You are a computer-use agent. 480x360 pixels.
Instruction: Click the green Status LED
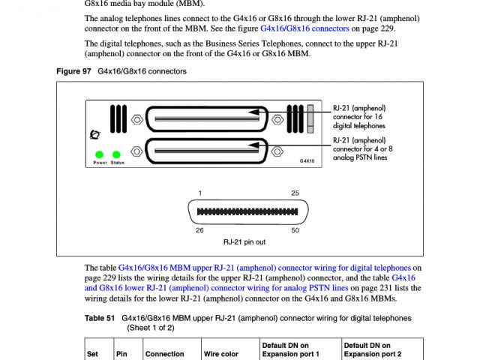[117, 154]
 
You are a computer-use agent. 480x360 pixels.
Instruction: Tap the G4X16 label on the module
[306, 160]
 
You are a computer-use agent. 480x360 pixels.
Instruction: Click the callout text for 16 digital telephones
[359, 117]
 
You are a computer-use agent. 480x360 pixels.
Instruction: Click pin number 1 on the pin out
[200, 193]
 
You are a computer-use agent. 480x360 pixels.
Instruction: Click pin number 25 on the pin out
[295, 193]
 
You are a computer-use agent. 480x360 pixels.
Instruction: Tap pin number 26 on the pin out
[199, 230]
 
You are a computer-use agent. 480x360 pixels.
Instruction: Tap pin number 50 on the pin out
[295, 230]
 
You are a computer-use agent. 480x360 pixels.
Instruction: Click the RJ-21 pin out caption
[244, 242]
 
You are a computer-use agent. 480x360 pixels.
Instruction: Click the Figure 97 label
[73, 71]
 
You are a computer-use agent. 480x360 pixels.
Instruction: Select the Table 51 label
[99, 318]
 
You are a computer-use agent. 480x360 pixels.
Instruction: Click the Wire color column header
[221, 353]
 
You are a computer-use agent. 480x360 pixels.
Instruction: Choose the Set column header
[93, 353]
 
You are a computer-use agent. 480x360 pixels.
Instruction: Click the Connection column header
[164, 353]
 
